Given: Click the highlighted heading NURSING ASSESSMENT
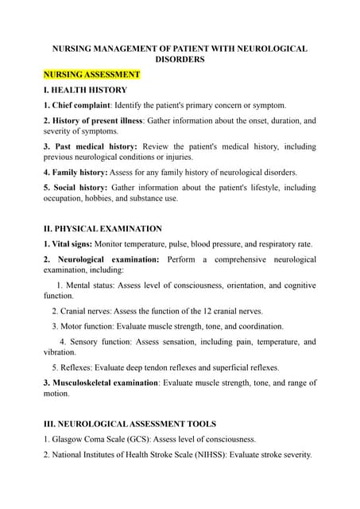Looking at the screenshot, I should click(x=91, y=75).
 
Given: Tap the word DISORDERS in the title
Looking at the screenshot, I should click(x=180, y=59).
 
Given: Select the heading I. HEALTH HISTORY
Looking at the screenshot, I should click(x=85, y=90).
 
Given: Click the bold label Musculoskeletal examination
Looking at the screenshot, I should click(x=105, y=383).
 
